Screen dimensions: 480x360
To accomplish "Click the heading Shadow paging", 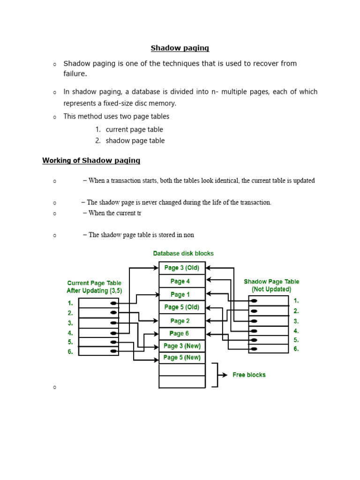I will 180,48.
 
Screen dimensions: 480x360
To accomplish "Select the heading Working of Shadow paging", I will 91,160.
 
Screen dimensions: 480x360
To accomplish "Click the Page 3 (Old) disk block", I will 182,268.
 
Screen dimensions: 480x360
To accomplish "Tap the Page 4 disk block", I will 182,281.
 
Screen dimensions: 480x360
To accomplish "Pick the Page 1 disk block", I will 182,294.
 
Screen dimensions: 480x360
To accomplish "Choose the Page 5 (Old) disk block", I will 182,307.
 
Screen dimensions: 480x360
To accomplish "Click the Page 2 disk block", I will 182,321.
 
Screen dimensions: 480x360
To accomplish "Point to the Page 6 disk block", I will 182,333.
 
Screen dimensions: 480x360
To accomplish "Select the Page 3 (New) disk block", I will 182,346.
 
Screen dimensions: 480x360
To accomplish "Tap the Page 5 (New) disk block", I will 182,358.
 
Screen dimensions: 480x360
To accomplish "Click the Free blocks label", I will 249,375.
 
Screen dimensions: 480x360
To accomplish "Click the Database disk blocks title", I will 183,253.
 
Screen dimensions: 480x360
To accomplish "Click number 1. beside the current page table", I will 70,303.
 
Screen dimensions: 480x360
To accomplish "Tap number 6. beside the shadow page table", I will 296,349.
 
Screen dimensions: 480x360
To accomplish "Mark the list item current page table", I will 134,129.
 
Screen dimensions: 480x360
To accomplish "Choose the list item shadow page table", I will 135,141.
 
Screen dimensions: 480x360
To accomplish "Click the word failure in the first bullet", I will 75,74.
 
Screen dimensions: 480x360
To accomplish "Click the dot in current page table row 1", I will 113,303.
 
